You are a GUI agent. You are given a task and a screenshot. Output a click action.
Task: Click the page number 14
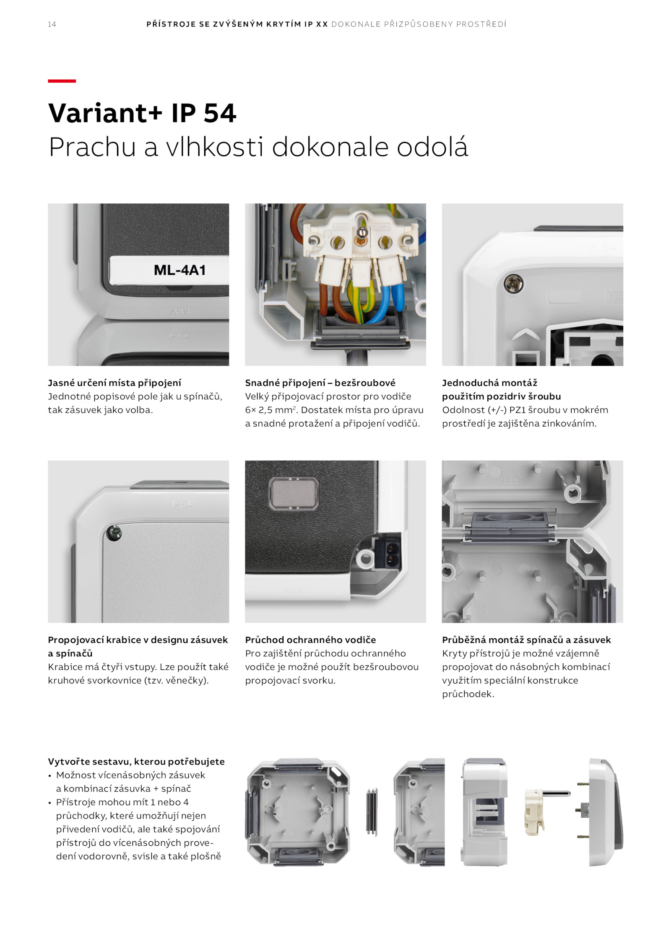click(52, 24)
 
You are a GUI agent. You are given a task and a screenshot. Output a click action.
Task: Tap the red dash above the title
click(62, 81)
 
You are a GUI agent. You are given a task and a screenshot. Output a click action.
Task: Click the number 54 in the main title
click(220, 113)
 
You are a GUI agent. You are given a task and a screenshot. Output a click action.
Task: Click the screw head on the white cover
click(514, 284)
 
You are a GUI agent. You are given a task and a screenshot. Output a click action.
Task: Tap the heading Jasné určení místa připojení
click(114, 383)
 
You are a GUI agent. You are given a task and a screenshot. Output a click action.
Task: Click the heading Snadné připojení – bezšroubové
click(320, 383)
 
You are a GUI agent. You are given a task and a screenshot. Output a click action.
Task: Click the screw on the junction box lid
click(114, 533)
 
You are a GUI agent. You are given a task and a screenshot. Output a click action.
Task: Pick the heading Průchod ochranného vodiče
click(310, 640)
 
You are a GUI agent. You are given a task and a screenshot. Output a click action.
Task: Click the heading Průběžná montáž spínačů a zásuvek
click(526, 640)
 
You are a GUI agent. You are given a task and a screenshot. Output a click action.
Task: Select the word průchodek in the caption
click(468, 694)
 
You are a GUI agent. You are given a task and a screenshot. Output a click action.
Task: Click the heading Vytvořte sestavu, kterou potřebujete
click(136, 762)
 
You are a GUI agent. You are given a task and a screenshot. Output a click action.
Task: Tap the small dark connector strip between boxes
click(372, 812)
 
